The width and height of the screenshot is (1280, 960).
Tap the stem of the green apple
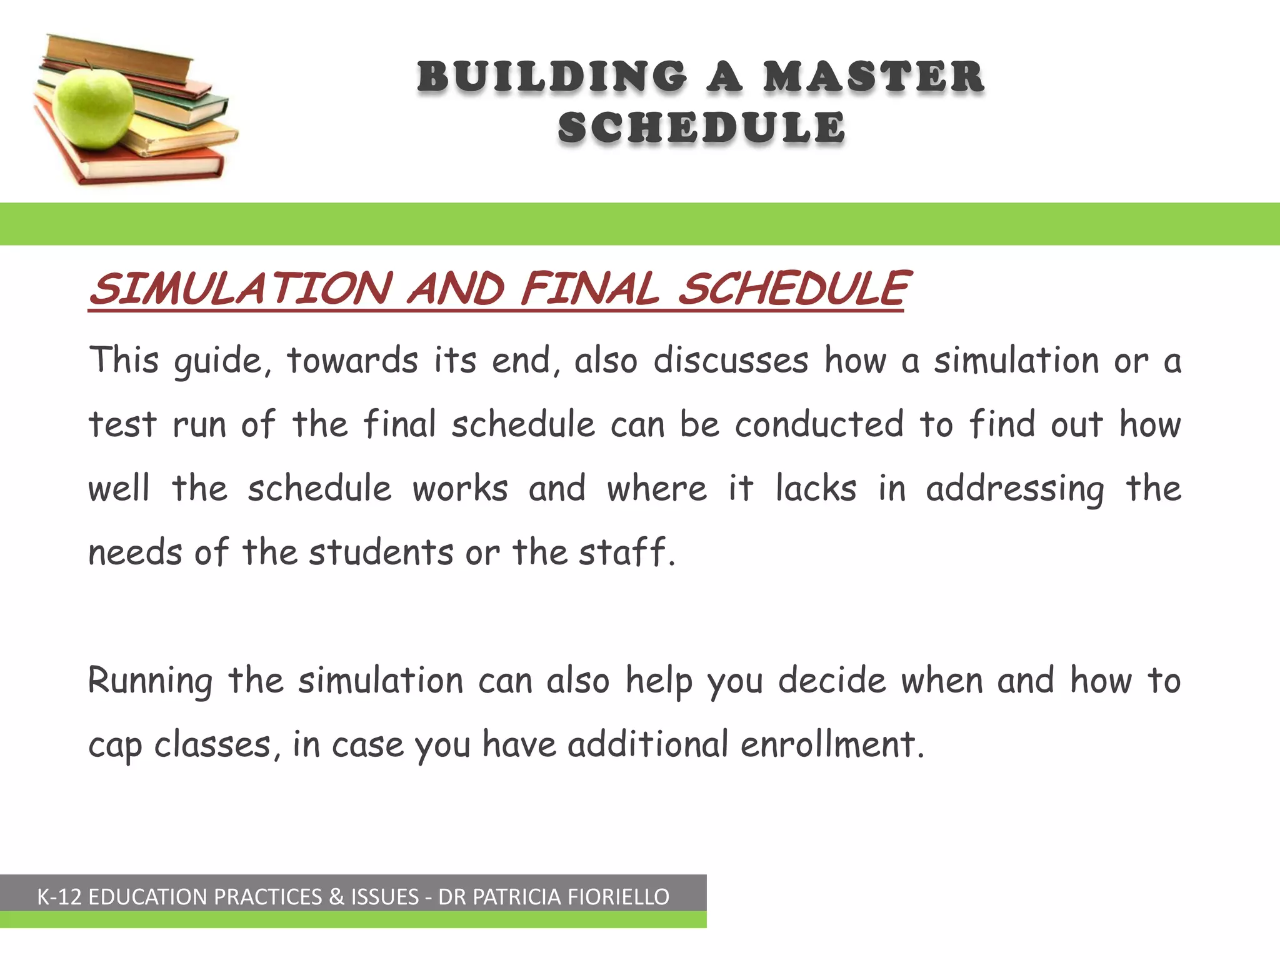88,65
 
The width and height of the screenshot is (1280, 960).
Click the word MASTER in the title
873,77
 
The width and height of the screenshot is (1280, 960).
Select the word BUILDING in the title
552,77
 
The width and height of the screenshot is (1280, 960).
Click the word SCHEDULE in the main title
701,127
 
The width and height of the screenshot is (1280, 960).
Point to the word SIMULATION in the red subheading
241,289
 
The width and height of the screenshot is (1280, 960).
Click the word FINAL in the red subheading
590,289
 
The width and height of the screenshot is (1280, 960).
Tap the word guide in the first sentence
222,362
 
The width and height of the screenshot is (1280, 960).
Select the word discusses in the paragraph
731,361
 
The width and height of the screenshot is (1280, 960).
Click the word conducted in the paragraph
819,424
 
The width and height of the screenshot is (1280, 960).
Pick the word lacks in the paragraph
816,488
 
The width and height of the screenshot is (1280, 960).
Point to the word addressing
1014,489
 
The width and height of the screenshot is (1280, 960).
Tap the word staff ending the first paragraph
626,552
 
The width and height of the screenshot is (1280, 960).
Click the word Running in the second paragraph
150,681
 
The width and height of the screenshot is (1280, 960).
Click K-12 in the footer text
59,897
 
